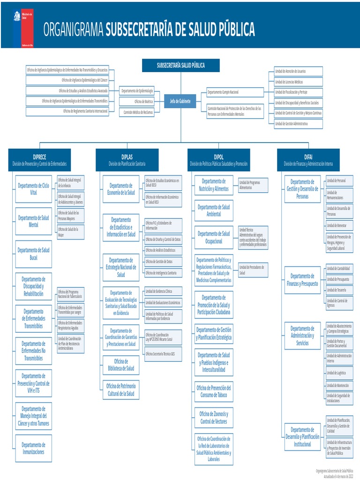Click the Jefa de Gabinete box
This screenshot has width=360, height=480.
click(x=180, y=101)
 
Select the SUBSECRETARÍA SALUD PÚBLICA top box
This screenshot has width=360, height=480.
click(x=180, y=66)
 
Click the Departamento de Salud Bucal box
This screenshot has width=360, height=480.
click(x=33, y=254)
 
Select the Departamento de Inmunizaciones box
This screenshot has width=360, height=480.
click(x=33, y=449)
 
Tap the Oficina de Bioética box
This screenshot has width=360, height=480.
click(x=136, y=101)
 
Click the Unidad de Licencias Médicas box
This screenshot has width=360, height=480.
click(x=298, y=82)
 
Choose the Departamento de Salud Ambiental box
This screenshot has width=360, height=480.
click(x=214, y=210)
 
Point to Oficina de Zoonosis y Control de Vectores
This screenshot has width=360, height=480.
click(x=214, y=418)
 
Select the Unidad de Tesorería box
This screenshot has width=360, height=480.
click(x=339, y=290)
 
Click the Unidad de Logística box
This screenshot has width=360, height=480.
click(x=339, y=373)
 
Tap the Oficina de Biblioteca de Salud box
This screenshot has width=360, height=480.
click(x=121, y=365)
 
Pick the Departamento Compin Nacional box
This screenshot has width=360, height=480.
click(x=235, y=92)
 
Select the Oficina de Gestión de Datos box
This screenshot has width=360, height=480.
click(x=163, y=262)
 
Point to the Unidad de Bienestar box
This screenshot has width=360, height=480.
click(x=339, y=225)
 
